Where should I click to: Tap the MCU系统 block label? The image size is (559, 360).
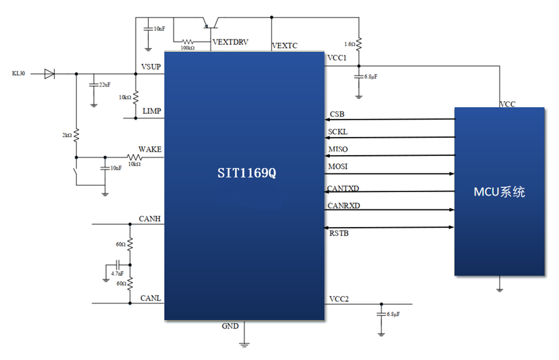[x=499, y=192]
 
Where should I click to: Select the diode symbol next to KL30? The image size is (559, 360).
[x=49, y=74]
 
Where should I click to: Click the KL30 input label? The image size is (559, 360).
[x=18, y=74]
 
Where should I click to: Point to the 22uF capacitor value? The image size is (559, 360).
[x=105, y=85]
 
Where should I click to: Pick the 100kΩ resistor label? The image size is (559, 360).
[x=188, y=48]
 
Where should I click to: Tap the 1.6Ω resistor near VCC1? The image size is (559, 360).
[x=359, y=44]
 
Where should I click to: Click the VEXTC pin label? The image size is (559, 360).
[x=284, y=46]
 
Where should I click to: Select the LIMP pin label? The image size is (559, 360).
[x=152, y=111]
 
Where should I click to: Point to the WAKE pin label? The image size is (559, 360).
[x=150, y=149]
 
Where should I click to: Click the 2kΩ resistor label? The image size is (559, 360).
[x=68, y=135]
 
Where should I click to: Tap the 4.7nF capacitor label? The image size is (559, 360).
[x=117, y=274]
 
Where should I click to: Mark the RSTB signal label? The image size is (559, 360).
[x=338, y=234]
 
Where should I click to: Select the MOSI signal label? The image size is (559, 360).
[x=338, y=167]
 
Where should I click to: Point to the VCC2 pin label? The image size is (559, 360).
[x=339, y=298]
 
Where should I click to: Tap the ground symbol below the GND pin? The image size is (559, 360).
[x=244, y=344]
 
